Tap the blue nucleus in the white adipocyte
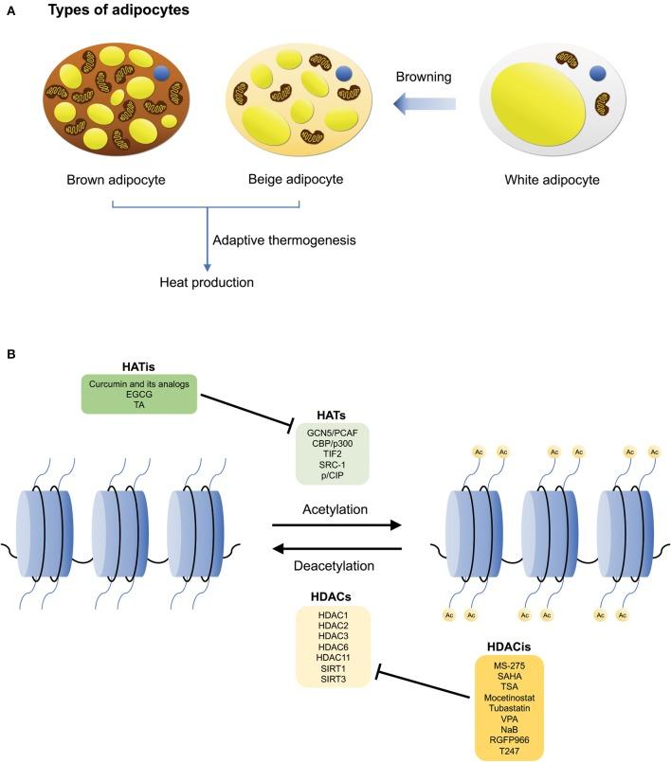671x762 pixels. point(599,73)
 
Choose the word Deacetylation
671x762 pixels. point(336,566)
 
